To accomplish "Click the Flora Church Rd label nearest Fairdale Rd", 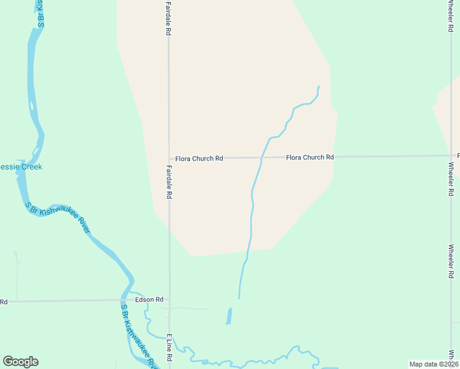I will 199,159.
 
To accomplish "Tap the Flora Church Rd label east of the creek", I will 309,157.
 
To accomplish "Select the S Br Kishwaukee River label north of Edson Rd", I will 58,218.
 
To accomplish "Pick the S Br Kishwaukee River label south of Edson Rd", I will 138,336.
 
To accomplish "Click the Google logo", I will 20,362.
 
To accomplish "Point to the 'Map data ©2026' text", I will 434,364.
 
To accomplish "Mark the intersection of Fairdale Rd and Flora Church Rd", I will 169,159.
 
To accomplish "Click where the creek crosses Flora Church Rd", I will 261,158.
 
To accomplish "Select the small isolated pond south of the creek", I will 229,316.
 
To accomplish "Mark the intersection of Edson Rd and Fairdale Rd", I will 169,300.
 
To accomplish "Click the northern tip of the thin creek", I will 319,87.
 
